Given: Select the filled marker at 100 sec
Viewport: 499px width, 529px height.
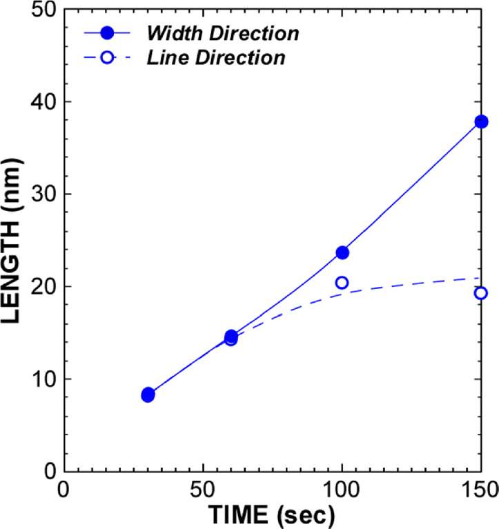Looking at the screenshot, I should click(x=342, y=252).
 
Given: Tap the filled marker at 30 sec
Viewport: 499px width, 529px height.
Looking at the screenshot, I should click(x=148, y=395).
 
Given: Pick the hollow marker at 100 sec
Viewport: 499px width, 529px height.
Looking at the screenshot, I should click(x=342, y=283).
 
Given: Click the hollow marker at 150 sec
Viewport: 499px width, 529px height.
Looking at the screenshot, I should click(x=481, y=293).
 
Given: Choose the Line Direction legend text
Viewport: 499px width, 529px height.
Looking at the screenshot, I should click(x=217, y=59).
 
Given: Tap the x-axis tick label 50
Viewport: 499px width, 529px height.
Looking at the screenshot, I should click(x=202, y=489).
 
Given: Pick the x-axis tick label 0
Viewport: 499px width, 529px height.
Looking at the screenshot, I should click(x=63, y=489).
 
